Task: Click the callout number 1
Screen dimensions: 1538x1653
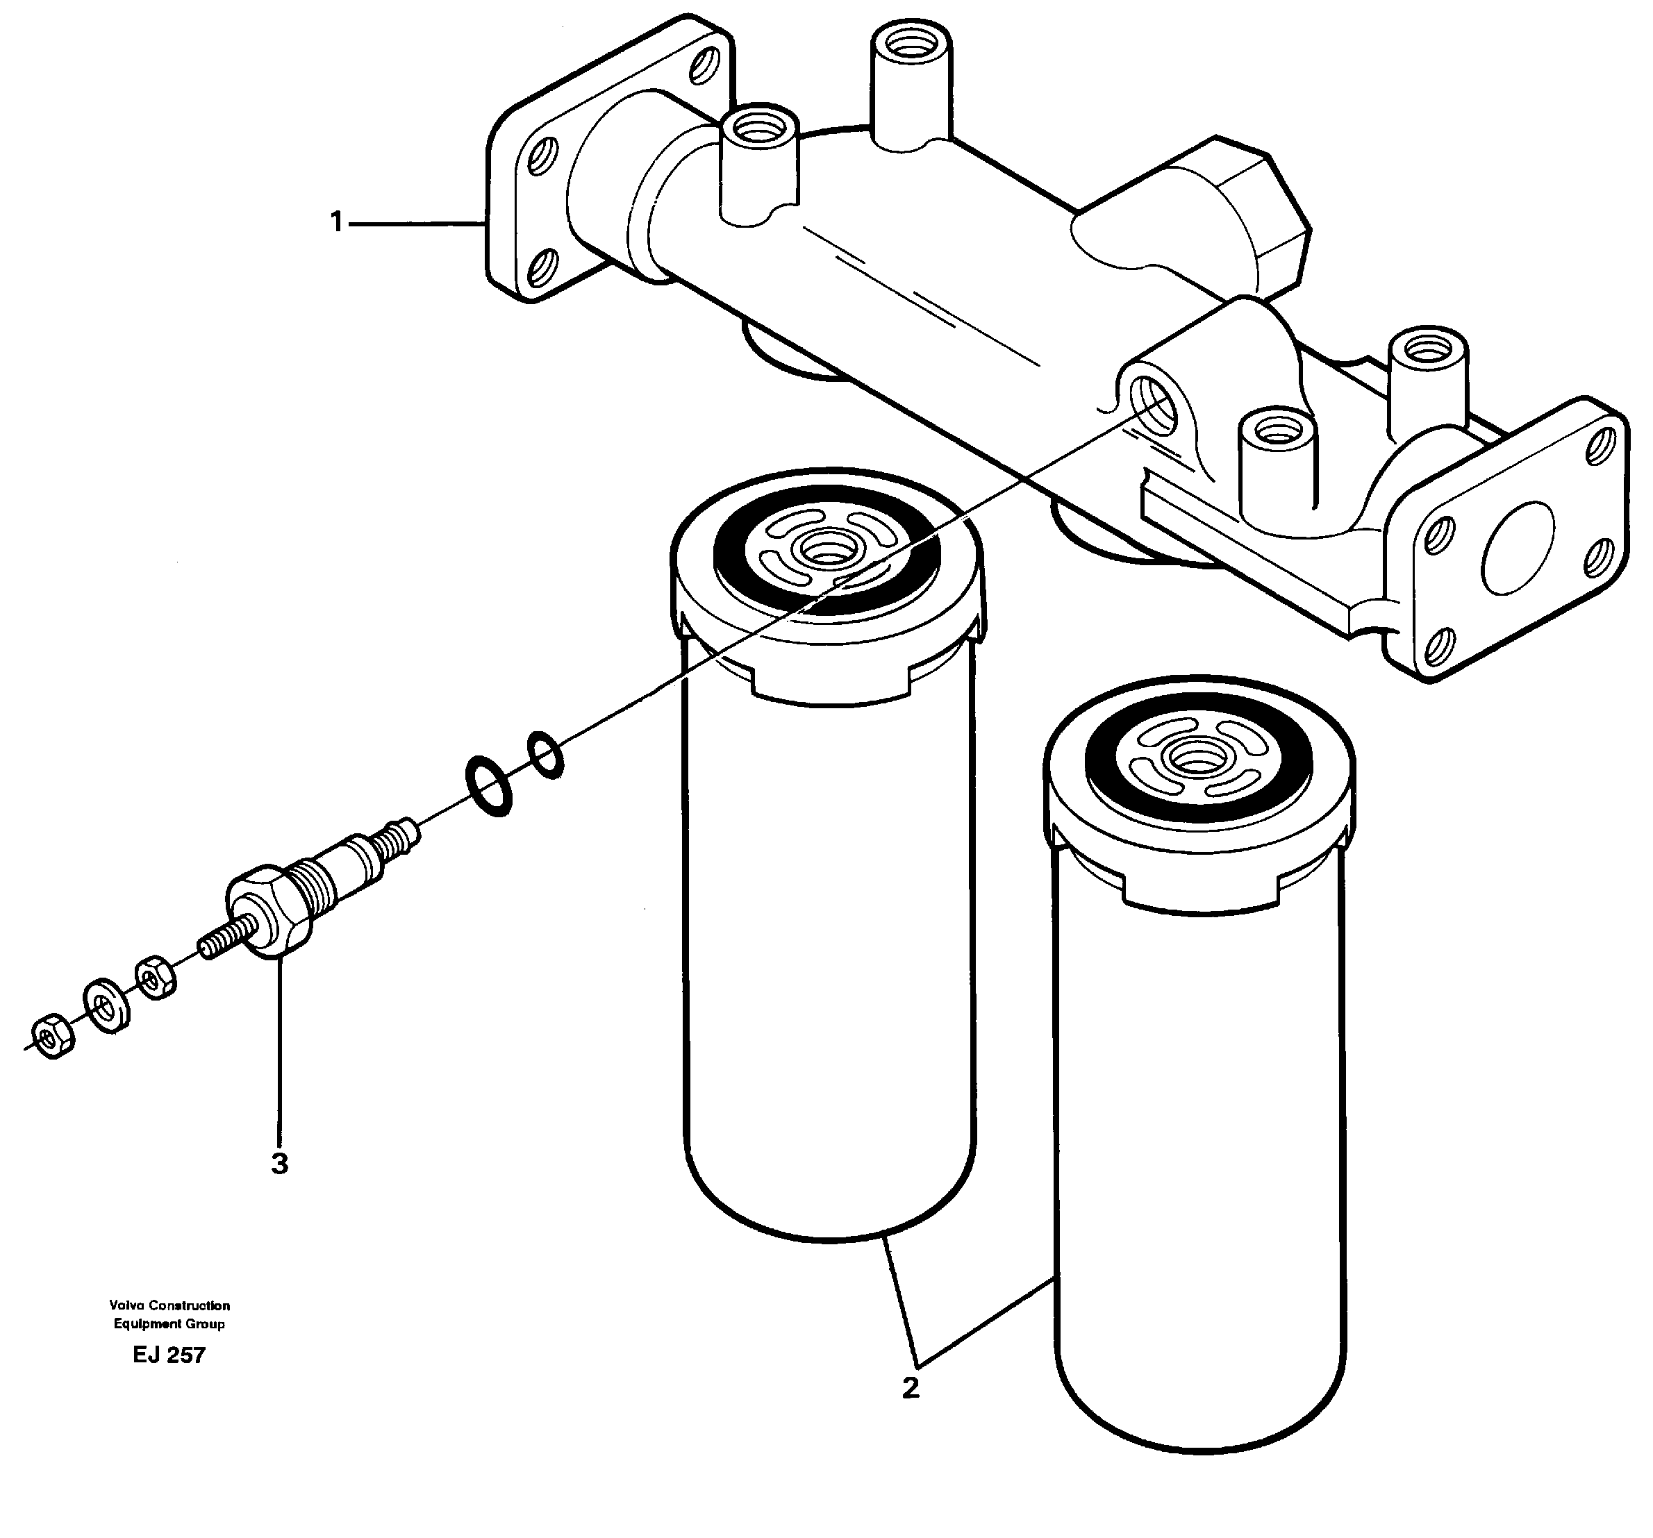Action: pos(336,223)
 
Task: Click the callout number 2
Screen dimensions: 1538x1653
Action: pos(911,1387)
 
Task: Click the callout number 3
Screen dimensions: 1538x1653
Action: pos(279,1164)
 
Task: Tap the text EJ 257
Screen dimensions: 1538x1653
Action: pos(169,1356)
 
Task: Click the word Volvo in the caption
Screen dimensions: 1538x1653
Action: pos(126,1306)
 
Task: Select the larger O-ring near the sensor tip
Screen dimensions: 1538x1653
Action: pos(488,785)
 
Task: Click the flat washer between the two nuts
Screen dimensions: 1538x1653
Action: pos(106,1006)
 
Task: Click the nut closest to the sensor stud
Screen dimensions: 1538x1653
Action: pos(156,976)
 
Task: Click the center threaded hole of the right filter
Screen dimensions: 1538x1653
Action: pos(1197,759)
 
